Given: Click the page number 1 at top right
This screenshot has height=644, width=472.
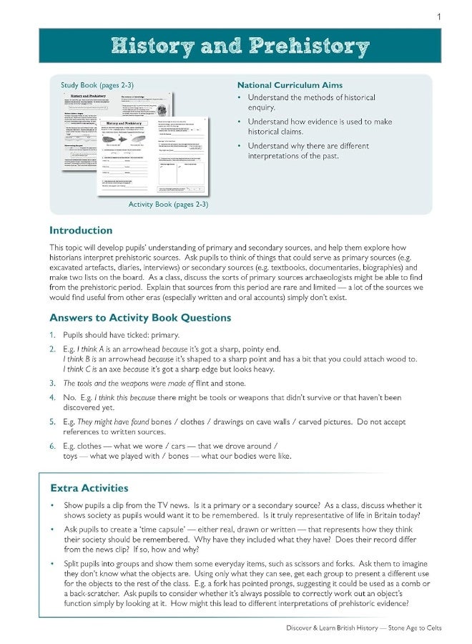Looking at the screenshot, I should [x=438, y=16].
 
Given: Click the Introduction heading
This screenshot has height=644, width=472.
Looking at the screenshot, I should [x=81, y=230].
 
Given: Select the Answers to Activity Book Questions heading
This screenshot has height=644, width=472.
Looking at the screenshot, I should [x=139, y=318].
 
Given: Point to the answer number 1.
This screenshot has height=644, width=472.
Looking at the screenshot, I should [x=52, y=335].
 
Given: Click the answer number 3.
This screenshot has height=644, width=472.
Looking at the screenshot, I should [x=52, y=384].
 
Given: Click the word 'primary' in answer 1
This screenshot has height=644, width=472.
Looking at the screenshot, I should [x=164, y=335].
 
